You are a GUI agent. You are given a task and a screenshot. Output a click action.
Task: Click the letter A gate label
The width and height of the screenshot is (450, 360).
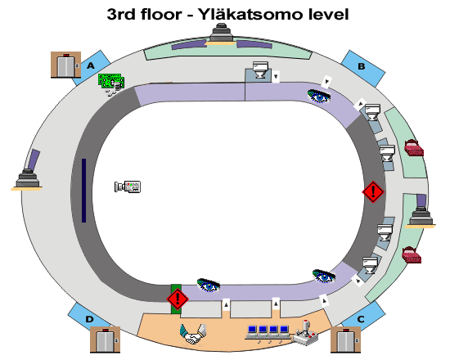(x=91, y=65)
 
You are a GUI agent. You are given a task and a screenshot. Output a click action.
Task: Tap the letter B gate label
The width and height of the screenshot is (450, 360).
(x=362, y=66)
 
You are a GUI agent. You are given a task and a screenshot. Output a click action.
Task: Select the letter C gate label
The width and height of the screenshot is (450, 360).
(x=361, y=319)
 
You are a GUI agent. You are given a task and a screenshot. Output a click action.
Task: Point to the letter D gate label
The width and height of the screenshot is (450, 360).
(x=89, y=319)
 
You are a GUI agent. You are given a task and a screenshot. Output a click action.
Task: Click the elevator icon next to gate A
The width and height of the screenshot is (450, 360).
(x=65, y=65)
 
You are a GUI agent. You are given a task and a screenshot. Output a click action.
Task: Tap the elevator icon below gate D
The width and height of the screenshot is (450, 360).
(x=105, y=340)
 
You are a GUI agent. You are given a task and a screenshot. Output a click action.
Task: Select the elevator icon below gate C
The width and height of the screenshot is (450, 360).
(x=345, y=340)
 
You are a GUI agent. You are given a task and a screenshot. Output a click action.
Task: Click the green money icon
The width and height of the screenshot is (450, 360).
(x=111, y=83)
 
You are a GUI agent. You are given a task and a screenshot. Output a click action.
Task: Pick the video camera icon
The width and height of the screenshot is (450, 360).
(x=128, y=187)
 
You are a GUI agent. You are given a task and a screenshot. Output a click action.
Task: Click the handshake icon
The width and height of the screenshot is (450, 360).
(x=193, y=334)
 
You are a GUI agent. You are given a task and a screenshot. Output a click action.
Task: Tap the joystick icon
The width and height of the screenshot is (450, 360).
(x=305, y=333)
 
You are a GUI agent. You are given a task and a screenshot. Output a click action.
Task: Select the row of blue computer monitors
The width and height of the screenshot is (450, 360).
(x=268, y=334)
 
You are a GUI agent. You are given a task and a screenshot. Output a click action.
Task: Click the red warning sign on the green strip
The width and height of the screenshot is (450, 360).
(x=178, y=299)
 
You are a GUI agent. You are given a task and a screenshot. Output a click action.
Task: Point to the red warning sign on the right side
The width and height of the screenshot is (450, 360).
(x=373, y=191)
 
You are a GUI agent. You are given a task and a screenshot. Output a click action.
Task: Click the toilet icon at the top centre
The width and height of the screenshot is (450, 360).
(x=260, y=70)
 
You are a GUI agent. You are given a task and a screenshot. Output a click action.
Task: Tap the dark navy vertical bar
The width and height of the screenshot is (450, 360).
(x=83, y=191)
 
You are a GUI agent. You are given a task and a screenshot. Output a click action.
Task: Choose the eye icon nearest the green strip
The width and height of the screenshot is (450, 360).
(x=209, y=285)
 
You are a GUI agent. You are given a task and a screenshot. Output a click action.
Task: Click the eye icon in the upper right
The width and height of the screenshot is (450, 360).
(x=319, y=97)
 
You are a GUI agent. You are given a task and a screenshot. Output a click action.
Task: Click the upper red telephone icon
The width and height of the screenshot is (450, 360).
(x=414, y=148)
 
